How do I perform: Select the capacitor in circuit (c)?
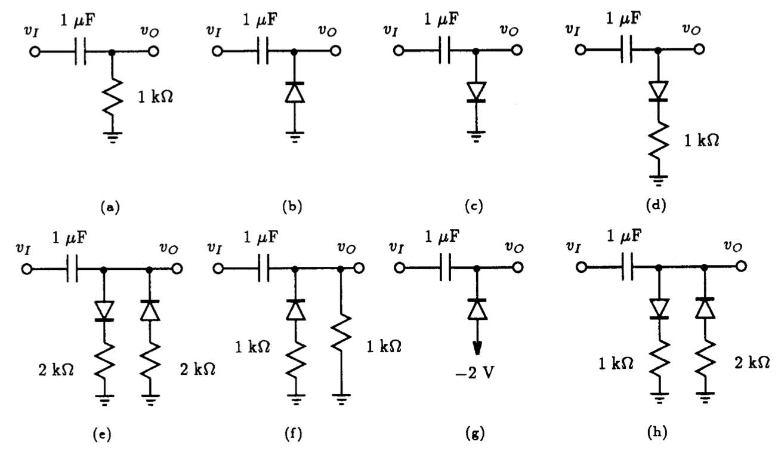click(x=444, y=53)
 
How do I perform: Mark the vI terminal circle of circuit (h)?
click(x=572, y=269)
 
